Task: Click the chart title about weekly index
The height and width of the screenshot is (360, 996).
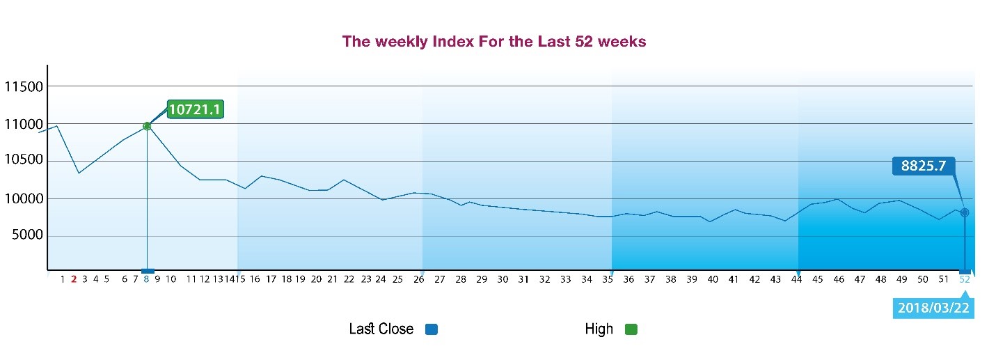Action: point(494,41)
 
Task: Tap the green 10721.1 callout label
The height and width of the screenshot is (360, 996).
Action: point(195,109)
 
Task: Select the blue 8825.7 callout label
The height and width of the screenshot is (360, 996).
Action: point(924,166)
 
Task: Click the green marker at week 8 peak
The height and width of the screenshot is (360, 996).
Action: point(147,126)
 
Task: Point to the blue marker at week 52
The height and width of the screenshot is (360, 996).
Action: point(965,212)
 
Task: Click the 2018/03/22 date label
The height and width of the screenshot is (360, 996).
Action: point(933,308)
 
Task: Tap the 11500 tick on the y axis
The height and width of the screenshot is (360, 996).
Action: point(24,87)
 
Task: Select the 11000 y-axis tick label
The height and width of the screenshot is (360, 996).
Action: point(24,124)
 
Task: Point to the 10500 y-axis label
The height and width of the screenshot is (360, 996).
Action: point(24,159)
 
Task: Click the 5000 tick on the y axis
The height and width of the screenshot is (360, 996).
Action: point(28,235)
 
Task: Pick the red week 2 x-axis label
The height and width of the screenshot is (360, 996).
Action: point(74,279)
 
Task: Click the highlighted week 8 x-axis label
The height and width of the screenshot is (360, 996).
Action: point(146,279)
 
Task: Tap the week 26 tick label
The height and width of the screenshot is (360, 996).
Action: point(419,279)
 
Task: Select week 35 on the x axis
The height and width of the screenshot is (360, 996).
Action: point(608,279)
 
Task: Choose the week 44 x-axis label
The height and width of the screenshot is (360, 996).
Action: point(796,279)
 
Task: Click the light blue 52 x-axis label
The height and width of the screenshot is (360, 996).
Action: point(965,279)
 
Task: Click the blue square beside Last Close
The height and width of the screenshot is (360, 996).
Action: point(432,329)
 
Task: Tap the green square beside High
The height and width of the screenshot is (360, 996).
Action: point(631,329)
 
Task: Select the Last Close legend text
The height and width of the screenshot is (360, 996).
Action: point(381,329)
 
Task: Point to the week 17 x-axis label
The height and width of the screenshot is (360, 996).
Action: point(271,279)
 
